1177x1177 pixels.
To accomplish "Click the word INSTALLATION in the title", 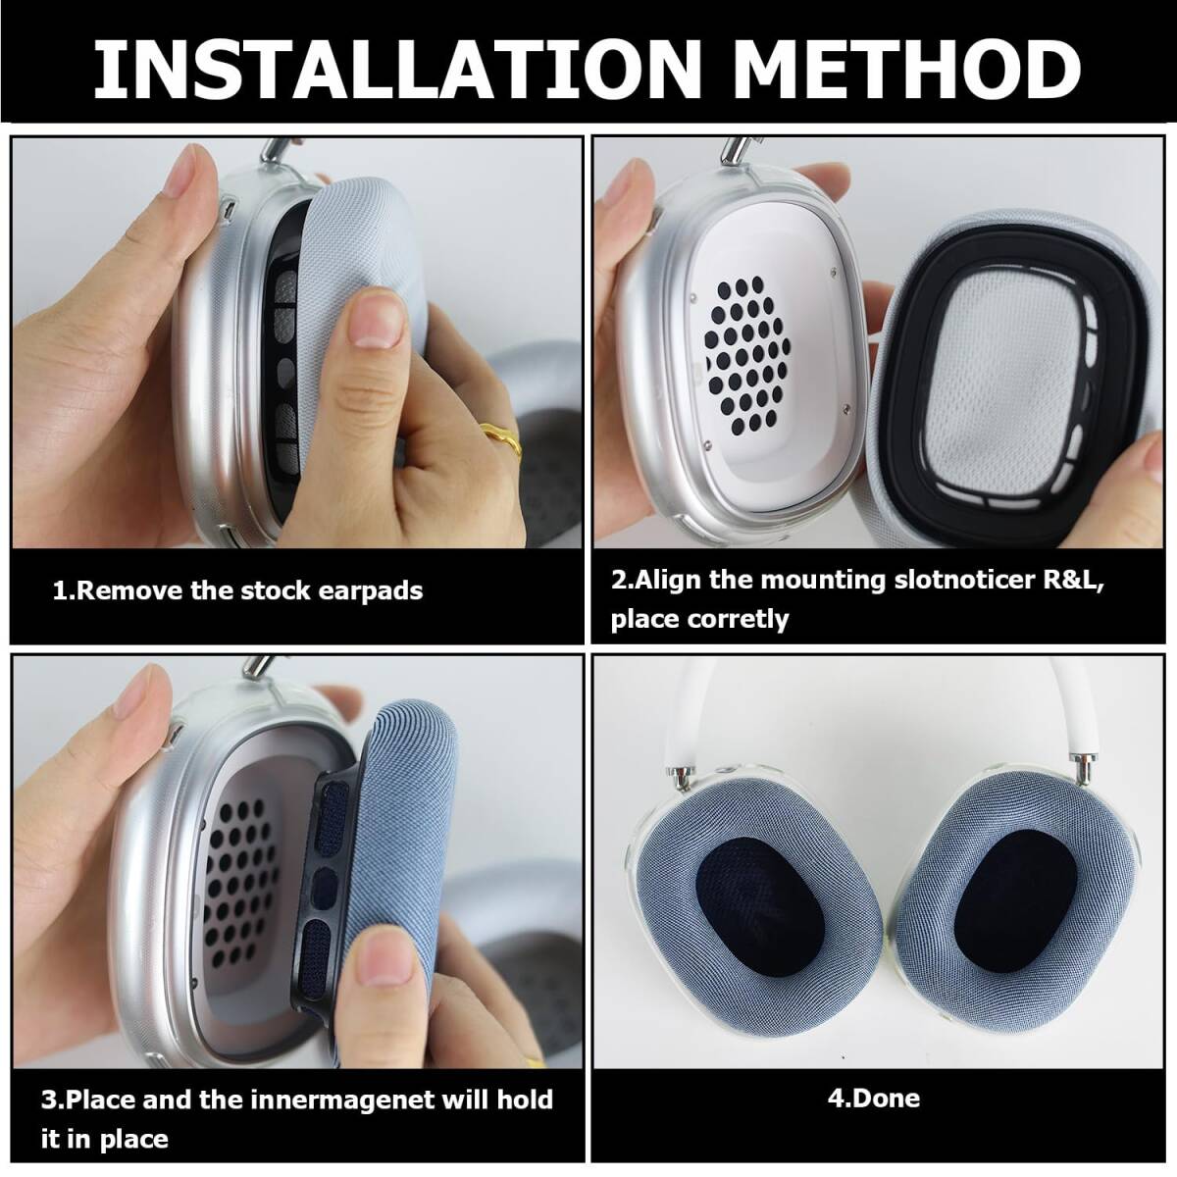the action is (x=397, y=68).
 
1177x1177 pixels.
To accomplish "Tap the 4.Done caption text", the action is (x=874, y=1099).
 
